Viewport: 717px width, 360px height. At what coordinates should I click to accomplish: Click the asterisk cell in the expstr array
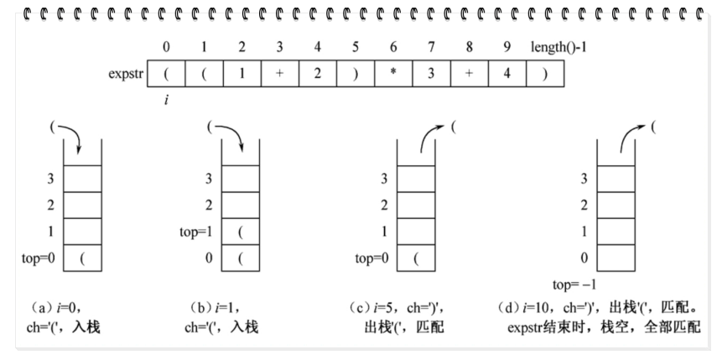tap(394, 73)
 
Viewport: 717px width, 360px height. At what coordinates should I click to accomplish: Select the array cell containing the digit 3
tap(431, 73)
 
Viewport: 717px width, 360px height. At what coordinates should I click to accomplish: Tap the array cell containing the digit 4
tap(507, 73)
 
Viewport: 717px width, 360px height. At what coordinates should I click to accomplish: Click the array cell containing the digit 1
tap(242, 73)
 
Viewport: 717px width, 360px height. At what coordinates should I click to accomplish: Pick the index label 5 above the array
tap(356, 47)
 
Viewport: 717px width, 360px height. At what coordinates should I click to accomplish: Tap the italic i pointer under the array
tap(165, 100)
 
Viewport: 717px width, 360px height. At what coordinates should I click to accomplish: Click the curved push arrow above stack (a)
tap(67, 134)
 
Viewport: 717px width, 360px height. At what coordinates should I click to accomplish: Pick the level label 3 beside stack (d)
tap(584, 178)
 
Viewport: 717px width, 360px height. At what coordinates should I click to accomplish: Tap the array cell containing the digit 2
tap(318, 73)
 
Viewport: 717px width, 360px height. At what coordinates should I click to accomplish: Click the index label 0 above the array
tap(165, 47)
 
